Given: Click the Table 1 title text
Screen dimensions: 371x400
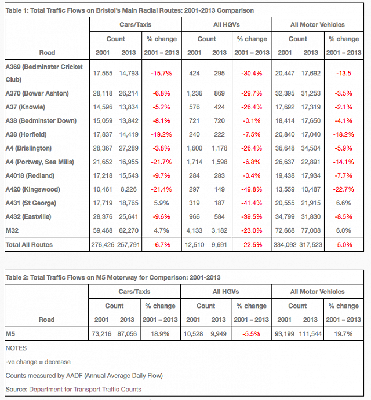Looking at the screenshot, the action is click(129, 10).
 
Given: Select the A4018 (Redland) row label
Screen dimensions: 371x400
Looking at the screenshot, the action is click(30, 175).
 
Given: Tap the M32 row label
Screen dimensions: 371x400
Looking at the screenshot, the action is click(12, 230).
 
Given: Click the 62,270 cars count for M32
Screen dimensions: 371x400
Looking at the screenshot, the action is click(129, 230).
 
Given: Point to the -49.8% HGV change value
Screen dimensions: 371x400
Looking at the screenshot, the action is click(252, 189).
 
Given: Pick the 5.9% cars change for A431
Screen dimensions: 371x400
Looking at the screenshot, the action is click(161, 203).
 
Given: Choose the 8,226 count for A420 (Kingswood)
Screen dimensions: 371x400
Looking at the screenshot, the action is click(129, 189).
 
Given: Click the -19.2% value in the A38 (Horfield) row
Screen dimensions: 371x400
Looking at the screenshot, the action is click(161, 134).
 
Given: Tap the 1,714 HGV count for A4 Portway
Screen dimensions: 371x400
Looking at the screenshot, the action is click(194, 162).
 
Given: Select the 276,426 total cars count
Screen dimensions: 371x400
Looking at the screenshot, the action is click(103, 245).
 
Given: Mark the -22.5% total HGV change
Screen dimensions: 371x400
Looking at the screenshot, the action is click(252, 245).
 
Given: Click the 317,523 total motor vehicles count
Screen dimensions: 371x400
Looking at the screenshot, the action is click(311, 245).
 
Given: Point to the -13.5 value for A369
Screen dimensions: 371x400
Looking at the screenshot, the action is click(343, 73).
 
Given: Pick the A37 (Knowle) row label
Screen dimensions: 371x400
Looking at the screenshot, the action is click(26, 107).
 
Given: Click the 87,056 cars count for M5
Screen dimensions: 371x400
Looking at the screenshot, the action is click(127, 333).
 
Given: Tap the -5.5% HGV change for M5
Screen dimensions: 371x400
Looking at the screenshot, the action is click(251, 333).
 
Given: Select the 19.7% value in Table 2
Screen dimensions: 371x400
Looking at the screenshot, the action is click(343, 333).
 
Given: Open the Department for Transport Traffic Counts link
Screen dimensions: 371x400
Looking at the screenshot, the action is click(85, 389).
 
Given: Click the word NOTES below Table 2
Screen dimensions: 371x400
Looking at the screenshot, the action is click(16, 348).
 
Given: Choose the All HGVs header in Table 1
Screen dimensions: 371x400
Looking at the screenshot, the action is click(227, 24).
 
